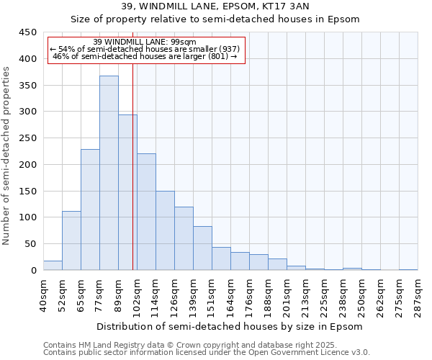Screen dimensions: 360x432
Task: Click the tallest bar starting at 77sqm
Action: tap(109, 173)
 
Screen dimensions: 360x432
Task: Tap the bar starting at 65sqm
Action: tap(90, 210)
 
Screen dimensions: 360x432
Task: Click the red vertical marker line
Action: tap(133, 166)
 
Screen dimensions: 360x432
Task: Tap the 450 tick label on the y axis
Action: tap(28, 32)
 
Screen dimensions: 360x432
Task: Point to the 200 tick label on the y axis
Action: tap(28, 164)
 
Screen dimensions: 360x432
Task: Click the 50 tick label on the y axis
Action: tap(31, 243)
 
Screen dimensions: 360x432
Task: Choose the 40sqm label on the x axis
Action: tap(43, 294)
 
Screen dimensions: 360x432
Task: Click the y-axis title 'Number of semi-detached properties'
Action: tap(7, 156)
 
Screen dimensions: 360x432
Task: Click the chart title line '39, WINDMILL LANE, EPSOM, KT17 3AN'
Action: tap(215, 7)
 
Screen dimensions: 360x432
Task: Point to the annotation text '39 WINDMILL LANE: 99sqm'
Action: tap(145, 42)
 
